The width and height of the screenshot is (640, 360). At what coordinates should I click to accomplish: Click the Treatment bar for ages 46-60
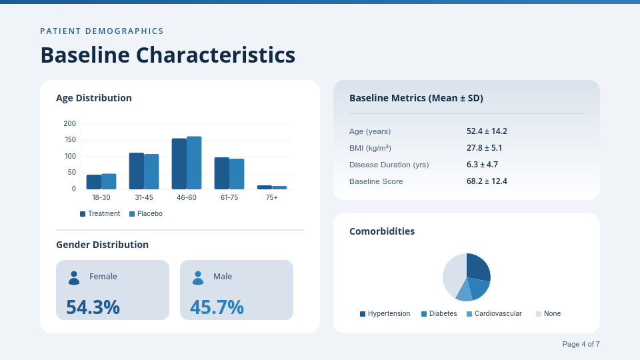tap(179, 164)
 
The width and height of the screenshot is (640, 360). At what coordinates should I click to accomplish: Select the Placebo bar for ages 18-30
tap(109, 181)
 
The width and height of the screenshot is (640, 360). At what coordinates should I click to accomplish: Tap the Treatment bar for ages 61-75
tap(222, 173)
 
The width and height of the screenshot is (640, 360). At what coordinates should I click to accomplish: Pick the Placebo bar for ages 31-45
tap(151, 171)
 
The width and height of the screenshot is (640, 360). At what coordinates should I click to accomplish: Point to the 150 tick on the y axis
tap(70, 140)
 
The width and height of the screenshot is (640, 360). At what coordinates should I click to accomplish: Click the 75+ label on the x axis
tap(272, 198)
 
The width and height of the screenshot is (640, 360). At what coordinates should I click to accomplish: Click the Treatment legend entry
tap(100, 214)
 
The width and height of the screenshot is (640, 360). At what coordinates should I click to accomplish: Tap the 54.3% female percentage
tap(93, 307)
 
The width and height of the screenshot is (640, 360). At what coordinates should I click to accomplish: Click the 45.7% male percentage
tap(217, 307)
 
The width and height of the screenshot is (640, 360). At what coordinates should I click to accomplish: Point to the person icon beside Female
tap(74, 277)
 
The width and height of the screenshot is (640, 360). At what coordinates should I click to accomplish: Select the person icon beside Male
tap(198, 277)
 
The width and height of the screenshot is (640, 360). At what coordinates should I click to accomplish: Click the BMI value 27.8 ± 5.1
tap(484, 148)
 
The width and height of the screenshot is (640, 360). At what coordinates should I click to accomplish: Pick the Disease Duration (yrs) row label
tap(389, 165)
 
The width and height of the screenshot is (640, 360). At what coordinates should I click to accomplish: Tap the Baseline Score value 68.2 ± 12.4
tap(487, 181)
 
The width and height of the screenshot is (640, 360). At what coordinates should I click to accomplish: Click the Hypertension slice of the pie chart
tap(477, 267)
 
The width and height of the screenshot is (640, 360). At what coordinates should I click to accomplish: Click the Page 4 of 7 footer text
tap(581, 344)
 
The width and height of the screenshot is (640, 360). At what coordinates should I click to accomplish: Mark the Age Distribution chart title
tap(94, 98)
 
